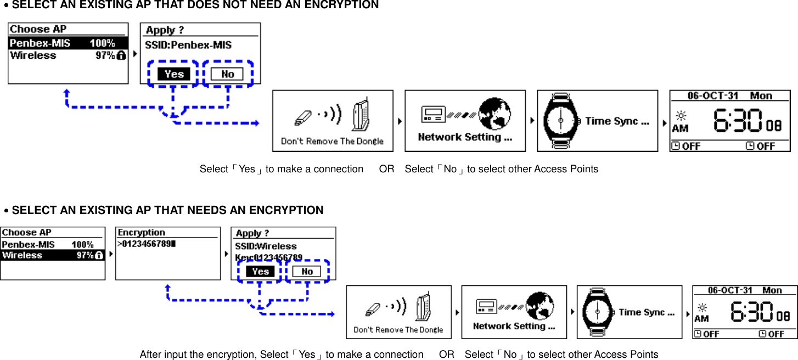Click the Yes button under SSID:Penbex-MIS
[173, 74]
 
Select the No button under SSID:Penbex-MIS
[227, 74]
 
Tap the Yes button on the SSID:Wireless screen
[260, 271]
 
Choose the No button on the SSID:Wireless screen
[307, 271]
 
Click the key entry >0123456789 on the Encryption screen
[146, 244]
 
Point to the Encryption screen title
[141, 233]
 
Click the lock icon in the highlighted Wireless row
[99, 255]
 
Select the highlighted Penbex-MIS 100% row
[68, 43]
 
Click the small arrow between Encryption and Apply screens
[226, 254]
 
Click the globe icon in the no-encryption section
[494, 114]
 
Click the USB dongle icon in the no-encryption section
[303, 117]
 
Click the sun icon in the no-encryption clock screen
[681, 116]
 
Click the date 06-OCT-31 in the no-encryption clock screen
[713, 96]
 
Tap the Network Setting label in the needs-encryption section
[514, 327]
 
